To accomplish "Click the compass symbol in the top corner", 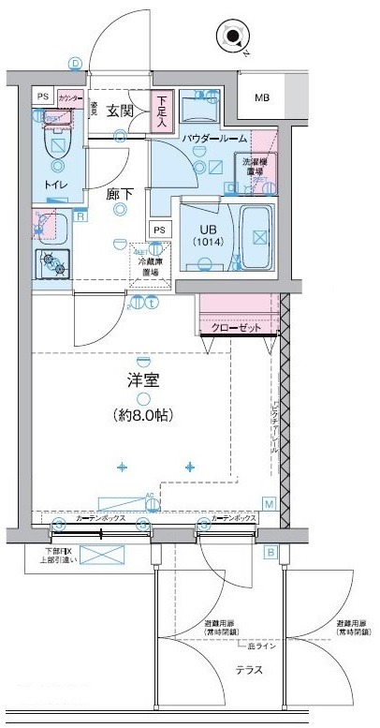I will [232, 38].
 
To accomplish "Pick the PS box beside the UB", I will [159, 230].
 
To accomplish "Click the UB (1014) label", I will [207, 234].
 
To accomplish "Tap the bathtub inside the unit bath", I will [256, 234].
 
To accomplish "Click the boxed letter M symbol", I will [268, 504].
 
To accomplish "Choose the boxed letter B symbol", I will [271, 552].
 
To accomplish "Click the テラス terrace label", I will [248, 670].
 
